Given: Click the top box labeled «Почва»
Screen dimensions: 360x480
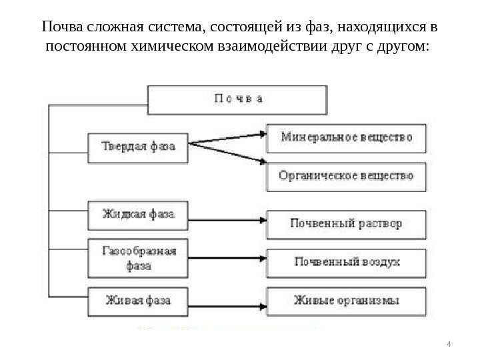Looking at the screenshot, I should [237, 100].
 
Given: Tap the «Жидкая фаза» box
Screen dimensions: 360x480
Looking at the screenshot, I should [138, 215].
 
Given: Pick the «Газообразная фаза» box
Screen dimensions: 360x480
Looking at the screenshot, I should [138, 258].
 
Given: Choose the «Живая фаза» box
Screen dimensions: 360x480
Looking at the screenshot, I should [138, 300].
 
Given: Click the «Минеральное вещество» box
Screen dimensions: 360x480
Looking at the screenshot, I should [346, 138].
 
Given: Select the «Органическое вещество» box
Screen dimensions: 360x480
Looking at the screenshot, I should [346, 177].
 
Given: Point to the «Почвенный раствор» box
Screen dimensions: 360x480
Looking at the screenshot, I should [346, 223].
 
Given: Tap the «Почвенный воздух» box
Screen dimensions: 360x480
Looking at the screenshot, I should [346, 261].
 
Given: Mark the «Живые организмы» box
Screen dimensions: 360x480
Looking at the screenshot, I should [346, 300].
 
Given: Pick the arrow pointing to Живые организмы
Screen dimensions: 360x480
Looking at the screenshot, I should [227, 298].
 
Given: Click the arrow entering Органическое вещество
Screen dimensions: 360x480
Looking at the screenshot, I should [227, 153].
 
